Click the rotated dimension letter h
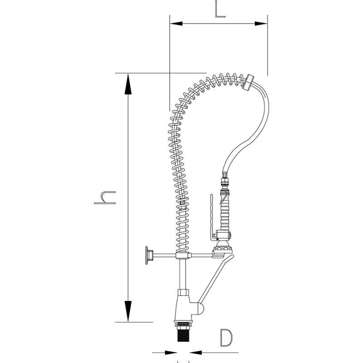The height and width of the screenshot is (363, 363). [x=105, y=197]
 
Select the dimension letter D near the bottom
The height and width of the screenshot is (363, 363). [x=226, y=338]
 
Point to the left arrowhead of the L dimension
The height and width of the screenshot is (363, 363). [x=176, y=24]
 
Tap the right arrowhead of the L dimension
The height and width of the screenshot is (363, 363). [x=261, y=24]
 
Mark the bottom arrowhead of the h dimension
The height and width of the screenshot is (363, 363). [x=128, y=311]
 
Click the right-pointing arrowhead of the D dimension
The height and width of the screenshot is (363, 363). [x=171, y=353]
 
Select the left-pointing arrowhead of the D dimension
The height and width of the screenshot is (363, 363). [x=196, y=353]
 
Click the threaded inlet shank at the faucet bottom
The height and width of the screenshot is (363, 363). [x=183, y=332]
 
